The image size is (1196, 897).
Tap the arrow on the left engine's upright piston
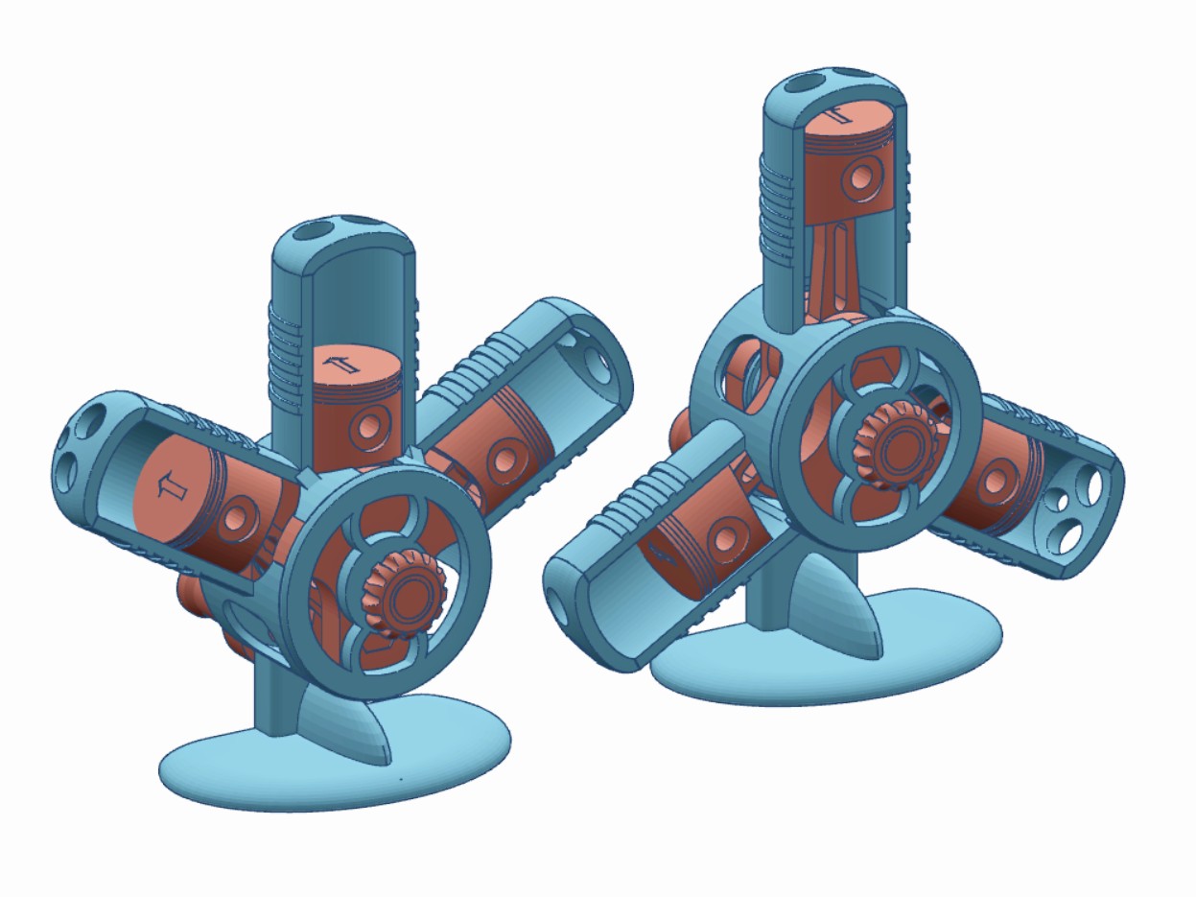click(x=338, y=364)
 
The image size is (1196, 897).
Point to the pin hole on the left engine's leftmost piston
click(x=235, y=520)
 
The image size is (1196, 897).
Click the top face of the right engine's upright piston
click(x=849, y=118)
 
